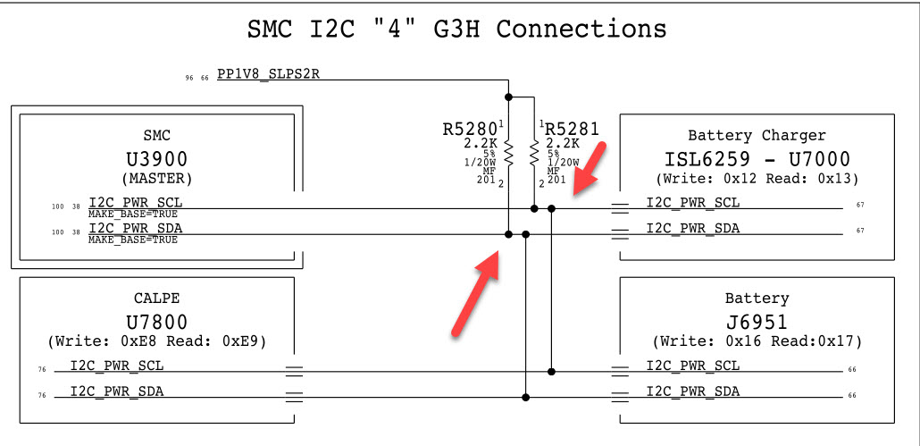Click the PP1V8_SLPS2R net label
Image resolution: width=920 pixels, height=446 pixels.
(268, 74)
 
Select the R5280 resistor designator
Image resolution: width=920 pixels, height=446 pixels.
(470, 129)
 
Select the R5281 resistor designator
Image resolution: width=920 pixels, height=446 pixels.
(572, 129)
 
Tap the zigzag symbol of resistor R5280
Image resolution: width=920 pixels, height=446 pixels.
(508, 153)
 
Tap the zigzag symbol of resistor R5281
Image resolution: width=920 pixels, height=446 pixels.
(534, 153)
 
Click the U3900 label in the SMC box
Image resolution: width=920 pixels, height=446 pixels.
(156, 159)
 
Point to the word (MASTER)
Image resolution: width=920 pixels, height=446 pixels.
(156, 178)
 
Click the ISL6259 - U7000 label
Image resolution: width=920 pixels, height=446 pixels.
(757, 159)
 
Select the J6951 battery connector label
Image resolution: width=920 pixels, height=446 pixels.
(757, 320)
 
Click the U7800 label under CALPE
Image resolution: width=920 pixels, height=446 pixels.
(156, 320)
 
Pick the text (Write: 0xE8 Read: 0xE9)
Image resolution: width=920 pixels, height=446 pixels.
(156, 341)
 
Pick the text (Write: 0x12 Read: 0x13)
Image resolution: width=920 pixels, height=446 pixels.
(757, 179)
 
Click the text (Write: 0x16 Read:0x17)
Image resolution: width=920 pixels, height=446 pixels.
(757, 341)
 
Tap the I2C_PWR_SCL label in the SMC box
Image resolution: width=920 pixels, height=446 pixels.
(135, 202)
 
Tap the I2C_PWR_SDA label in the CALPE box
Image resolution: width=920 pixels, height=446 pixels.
(117, 391)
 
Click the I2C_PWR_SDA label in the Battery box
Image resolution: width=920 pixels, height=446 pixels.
(693, 391)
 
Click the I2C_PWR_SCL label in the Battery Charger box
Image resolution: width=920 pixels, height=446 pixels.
(693, 202)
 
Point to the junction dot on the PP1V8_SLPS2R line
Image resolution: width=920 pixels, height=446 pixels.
(508, 96)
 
